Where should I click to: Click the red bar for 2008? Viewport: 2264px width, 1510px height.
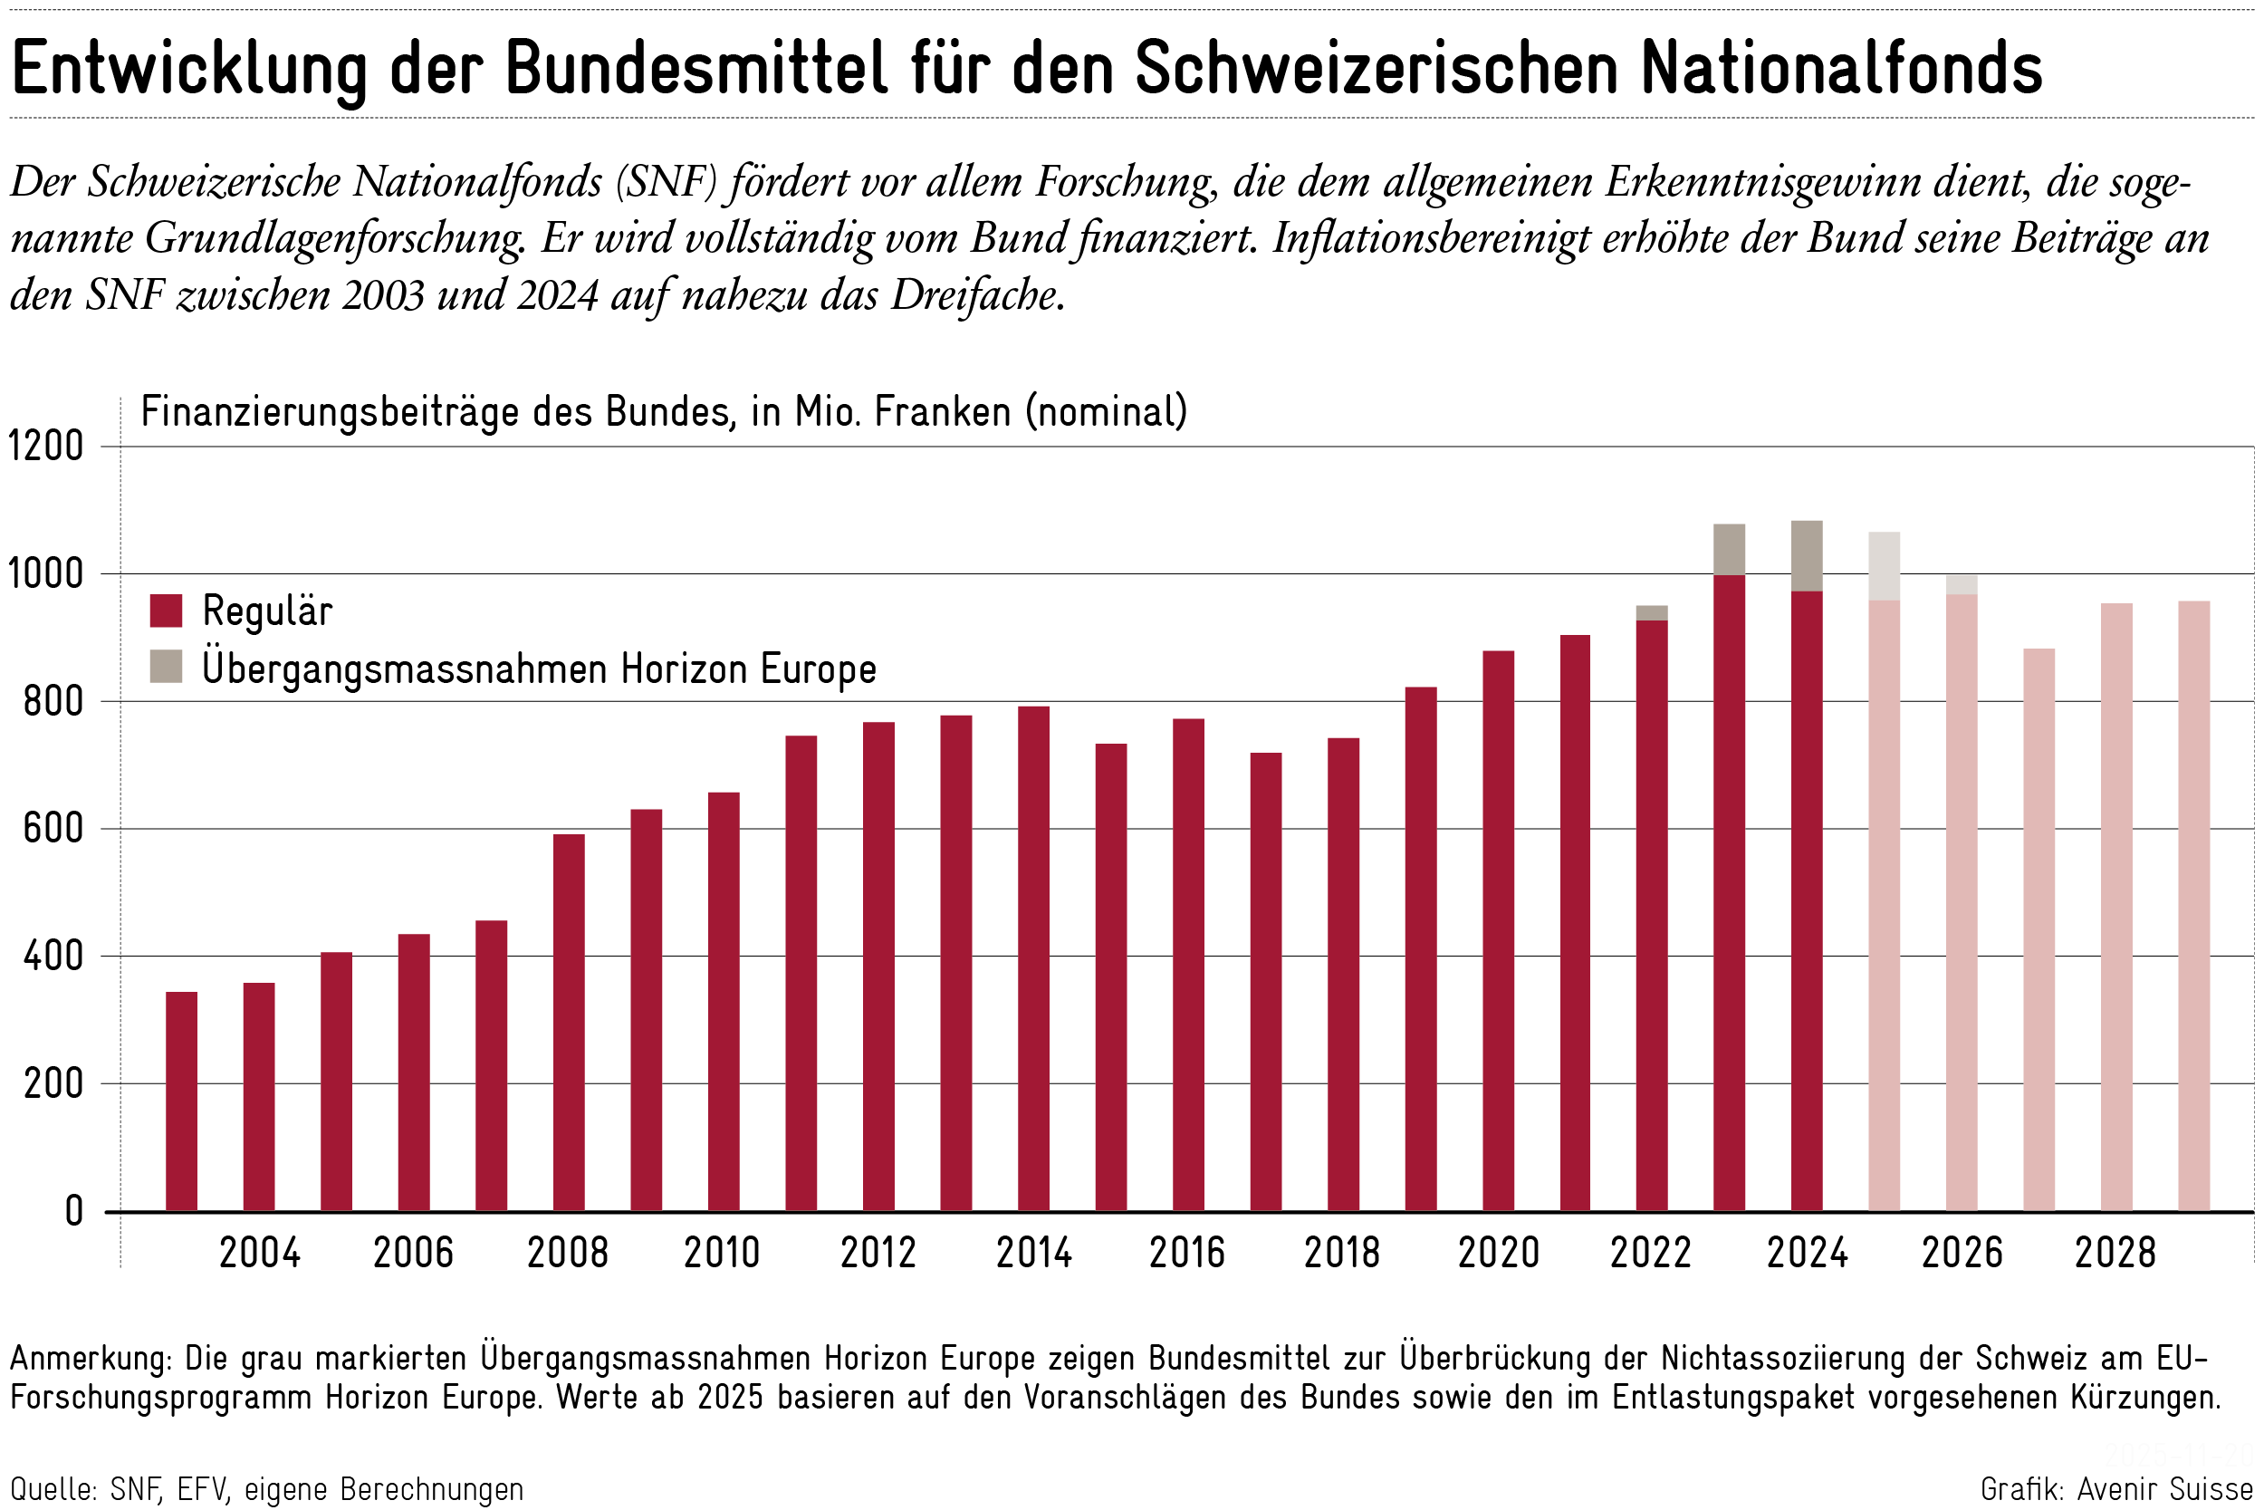568,1021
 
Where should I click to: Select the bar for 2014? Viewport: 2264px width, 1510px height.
1033,958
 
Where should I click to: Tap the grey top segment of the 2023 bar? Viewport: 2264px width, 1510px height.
1729,549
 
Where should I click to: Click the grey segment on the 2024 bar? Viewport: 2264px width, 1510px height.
1807,555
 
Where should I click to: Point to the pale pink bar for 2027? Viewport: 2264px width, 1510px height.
2039,929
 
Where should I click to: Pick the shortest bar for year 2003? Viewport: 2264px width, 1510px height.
181,1101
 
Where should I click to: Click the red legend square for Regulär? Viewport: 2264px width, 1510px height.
167,611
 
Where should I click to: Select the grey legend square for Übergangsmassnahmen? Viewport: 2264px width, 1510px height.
167,667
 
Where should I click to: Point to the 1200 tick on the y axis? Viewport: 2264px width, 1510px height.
46,447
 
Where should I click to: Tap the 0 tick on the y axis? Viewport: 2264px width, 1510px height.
74,1210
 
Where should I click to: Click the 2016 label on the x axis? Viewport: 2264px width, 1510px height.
1187,1253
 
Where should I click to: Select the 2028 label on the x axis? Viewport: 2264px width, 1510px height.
2115,1253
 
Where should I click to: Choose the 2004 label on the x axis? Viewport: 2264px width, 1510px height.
260,1253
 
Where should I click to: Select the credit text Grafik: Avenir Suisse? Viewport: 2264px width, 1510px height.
2115,1489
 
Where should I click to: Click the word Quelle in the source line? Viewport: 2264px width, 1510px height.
53,1489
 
